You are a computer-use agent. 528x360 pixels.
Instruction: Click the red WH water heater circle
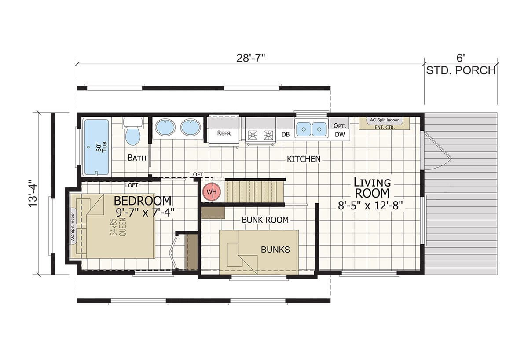coord(212,192)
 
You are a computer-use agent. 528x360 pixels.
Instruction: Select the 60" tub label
coord(102,147)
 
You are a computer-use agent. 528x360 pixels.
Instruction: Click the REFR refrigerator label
coord(224,133)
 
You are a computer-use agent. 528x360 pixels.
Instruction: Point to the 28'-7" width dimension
coord(250,58)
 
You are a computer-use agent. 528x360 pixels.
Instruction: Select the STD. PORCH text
coord(461,70)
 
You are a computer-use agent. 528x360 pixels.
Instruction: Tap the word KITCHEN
coord(304,159)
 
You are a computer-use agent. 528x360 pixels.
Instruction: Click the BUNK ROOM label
coord(265,220)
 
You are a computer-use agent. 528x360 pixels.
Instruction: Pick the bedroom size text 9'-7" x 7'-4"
coord(145,213)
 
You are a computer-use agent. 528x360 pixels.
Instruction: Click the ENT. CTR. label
coord(385,127)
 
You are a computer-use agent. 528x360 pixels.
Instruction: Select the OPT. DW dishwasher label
coord(340,130)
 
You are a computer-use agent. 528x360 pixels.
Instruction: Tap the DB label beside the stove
coord(286,135)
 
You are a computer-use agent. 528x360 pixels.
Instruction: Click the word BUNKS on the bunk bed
coord(275,250)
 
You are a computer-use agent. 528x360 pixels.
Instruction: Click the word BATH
coord(137,158)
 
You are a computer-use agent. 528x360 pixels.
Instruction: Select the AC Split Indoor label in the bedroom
coord(73,227)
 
